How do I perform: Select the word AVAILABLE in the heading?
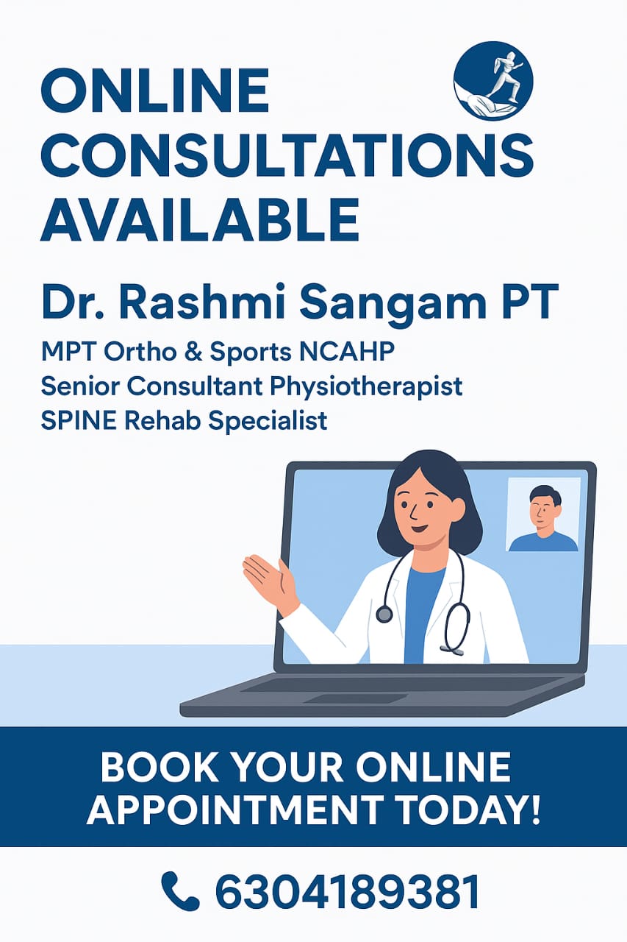[200, 220]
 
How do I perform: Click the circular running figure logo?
[493, 81]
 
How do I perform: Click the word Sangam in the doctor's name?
[393, 304]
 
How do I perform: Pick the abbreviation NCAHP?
[347, 351]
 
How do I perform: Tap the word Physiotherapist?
[366, 387]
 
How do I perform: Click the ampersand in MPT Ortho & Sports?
[193, 352]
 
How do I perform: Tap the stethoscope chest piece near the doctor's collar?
[384, 614]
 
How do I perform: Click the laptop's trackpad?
[355, 698]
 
